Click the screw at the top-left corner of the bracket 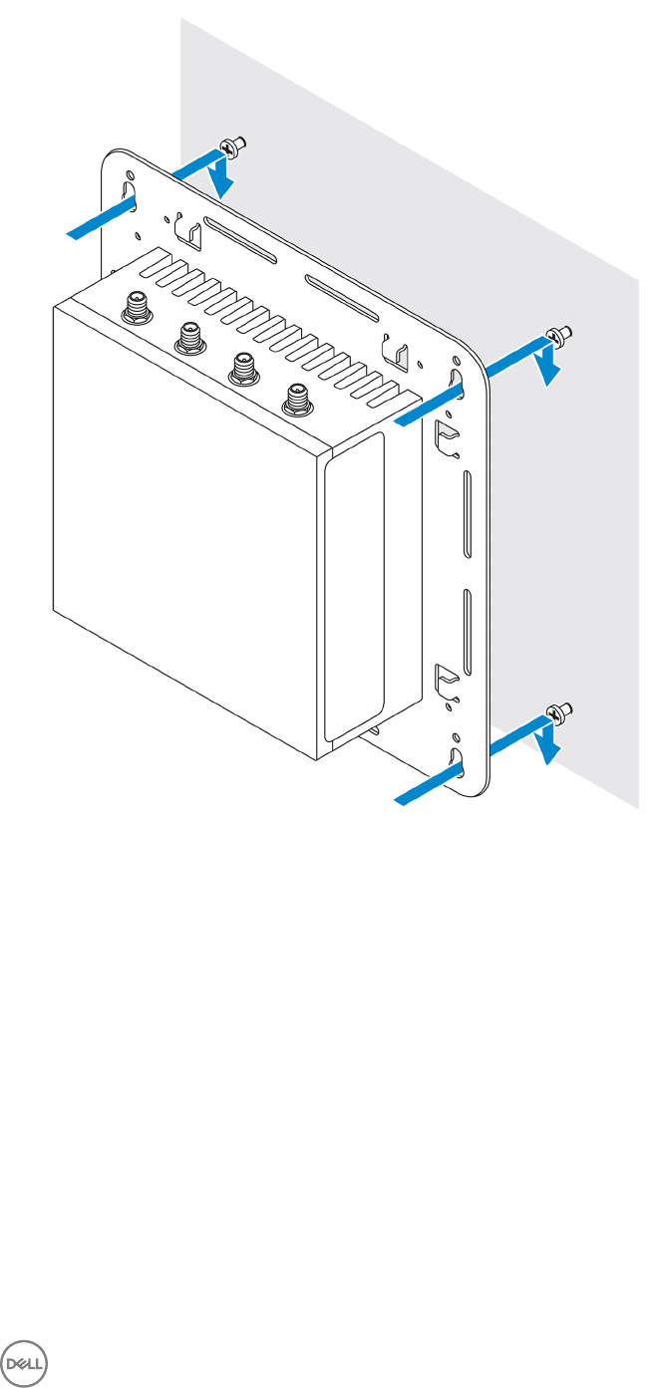click(x=236, y=147)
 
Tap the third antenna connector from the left click(x=239, y=368)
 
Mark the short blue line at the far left click(x=101, y=220)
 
